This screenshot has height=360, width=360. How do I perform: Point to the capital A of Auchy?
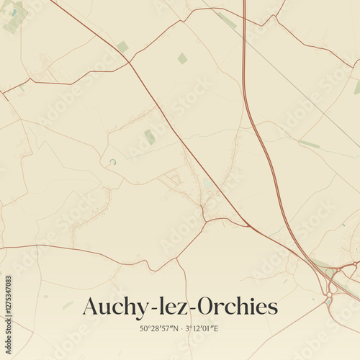tap(91, 307)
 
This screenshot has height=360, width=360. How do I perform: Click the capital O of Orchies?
tap(210, 307)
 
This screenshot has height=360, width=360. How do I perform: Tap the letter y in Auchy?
tap(138, 310)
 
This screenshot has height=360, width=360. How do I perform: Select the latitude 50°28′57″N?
tap(161, 328)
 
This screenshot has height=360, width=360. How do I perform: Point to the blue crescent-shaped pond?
tap(112, 161)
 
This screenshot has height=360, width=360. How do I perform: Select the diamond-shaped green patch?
tap(182, 58)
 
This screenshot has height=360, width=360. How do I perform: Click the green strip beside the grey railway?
tap(309, 144)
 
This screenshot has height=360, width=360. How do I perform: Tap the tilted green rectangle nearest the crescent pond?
tap(150, 137)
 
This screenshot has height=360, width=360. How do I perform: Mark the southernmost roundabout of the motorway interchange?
tap(330, 294)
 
